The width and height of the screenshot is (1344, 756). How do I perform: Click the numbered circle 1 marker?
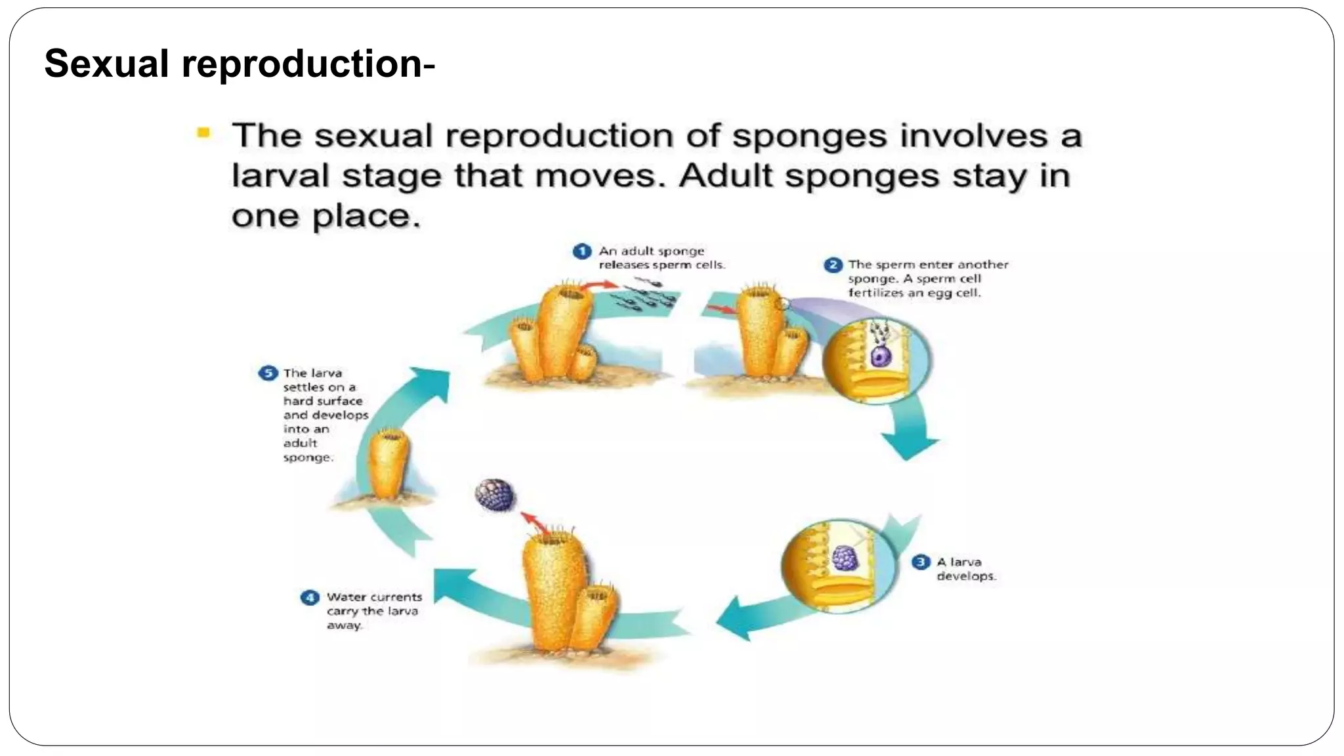click(x=581, y=252)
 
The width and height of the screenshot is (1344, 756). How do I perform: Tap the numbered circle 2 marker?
click(x=833, y=265)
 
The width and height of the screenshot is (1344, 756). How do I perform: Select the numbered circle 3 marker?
click(x=921, y=562)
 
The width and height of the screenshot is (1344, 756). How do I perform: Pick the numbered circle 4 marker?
click(x=310, y=598)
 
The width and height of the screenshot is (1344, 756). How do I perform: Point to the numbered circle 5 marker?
click(x=268, y=373)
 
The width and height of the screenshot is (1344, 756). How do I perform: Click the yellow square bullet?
click(x=203, y=134)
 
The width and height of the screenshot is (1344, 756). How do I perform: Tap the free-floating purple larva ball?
click(x=495, y=495)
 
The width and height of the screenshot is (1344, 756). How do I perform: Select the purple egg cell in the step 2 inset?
click(x=879, y=356)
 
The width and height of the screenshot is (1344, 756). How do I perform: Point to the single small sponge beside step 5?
click(x=388, y=465)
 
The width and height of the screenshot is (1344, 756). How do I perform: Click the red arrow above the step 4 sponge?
click(x=535, y=522)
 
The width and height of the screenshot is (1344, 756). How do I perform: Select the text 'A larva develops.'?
click(x=965, y=569)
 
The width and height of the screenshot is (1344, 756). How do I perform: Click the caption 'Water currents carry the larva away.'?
click(x=373, y=611)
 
